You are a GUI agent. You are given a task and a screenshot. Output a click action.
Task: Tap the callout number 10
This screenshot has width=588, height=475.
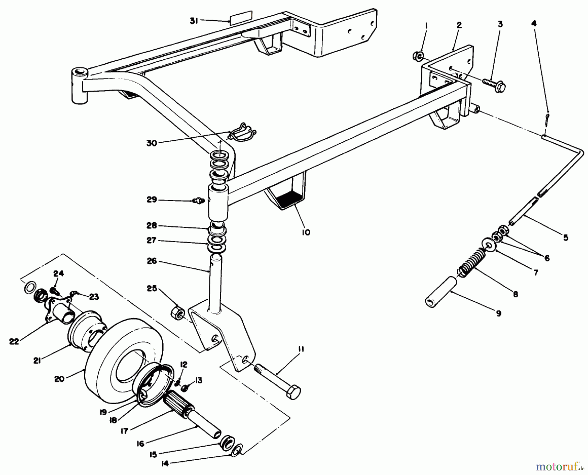[306, 232]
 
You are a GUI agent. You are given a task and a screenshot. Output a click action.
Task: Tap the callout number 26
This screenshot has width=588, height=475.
[152, 261]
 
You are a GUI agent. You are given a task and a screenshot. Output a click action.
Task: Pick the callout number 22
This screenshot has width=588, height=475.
[14, 341]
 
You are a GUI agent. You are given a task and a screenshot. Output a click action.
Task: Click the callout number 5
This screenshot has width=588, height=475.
[565, 237]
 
